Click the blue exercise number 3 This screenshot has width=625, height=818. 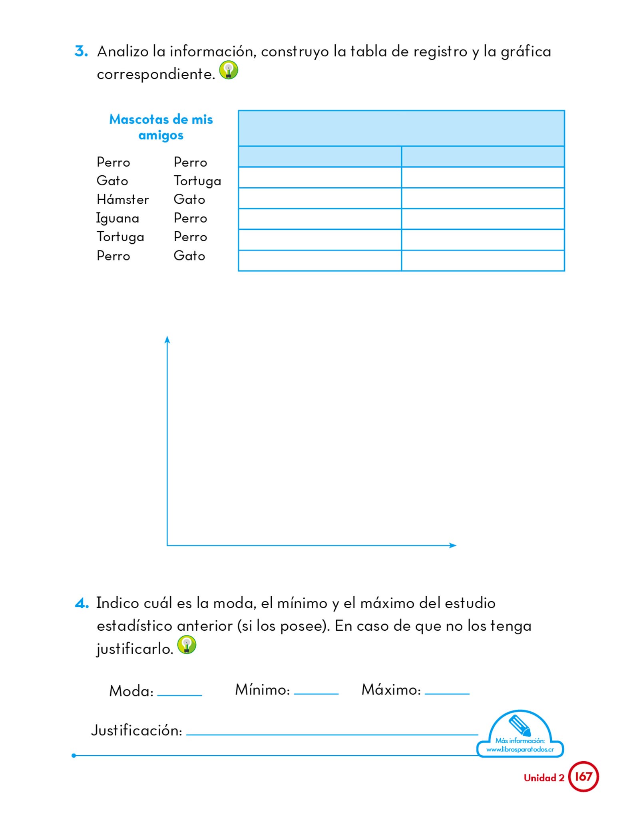(81, 52)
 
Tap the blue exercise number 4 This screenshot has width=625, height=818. (82, 603)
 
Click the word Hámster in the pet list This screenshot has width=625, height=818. (123, 199)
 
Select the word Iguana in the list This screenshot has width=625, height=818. (117, 218)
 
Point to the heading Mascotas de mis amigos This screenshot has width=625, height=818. (161, 127)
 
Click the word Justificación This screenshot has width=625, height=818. (137, 731)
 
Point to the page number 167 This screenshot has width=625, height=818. (583, 776)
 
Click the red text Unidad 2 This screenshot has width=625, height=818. (544, 778)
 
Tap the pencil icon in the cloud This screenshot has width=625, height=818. (520, 725)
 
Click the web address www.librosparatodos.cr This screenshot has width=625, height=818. (520, 749)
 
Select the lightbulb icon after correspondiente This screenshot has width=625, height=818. (229, 70)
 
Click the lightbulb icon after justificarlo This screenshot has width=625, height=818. (187, 644)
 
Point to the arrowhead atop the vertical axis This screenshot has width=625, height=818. (167, 340)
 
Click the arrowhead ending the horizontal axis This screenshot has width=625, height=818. (453, 545)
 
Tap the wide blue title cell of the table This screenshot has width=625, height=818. (401, 128)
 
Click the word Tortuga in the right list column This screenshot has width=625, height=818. (197, 181)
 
